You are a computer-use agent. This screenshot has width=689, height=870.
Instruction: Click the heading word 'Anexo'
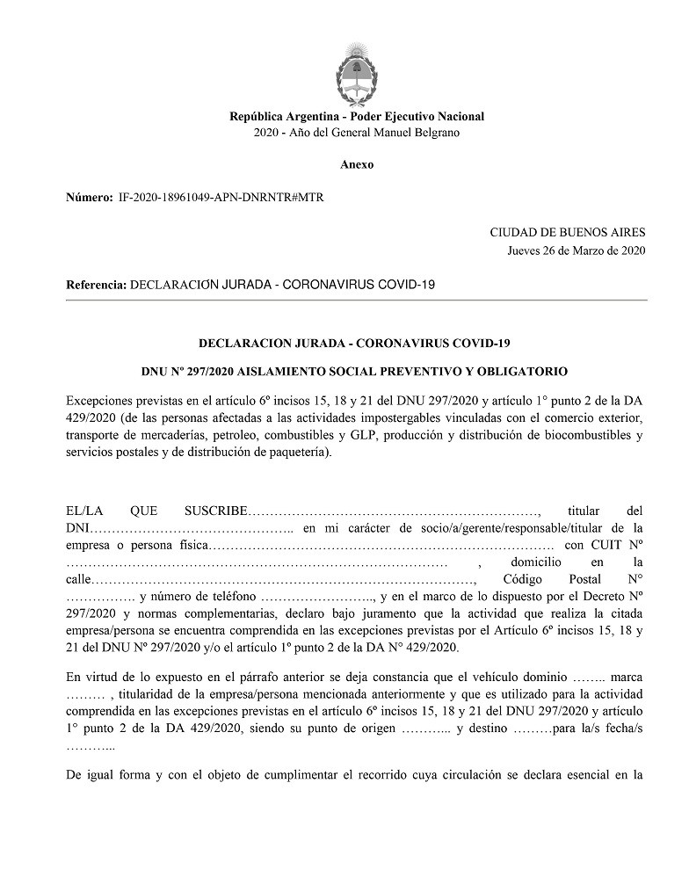356,164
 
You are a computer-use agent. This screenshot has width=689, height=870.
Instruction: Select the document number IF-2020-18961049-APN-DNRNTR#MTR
221,198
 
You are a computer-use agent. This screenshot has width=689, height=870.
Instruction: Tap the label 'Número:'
90,198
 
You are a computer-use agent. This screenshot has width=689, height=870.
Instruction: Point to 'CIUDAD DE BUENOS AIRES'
567,233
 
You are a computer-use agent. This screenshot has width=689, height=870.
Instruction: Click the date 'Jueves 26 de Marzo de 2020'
576,250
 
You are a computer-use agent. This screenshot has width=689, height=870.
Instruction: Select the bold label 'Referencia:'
97,286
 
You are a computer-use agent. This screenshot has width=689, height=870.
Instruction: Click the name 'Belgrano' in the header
438,133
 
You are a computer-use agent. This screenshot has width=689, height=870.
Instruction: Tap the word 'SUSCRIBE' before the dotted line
216,511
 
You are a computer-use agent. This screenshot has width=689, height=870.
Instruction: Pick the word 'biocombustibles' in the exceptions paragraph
590,435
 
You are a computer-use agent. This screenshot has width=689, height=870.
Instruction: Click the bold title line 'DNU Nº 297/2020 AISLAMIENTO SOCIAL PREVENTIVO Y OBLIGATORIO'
356,372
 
